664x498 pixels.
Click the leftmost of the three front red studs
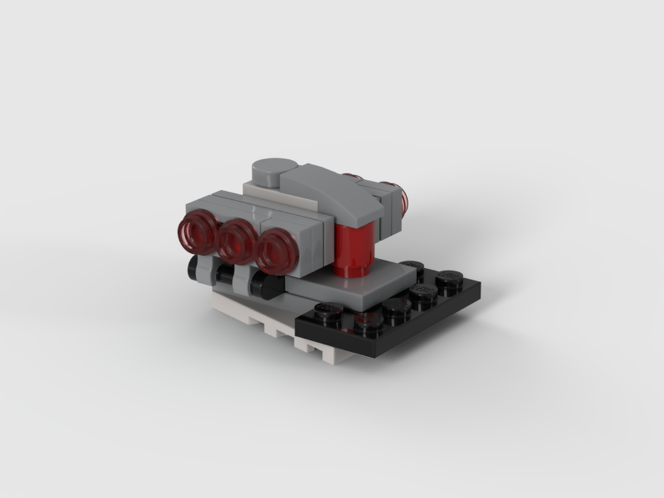(x=198, y=234)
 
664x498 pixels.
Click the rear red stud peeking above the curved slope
(x=353, y=177)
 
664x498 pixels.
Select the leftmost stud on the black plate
(x=328, y=310)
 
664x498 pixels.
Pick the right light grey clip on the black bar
(x=242, y=282)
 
